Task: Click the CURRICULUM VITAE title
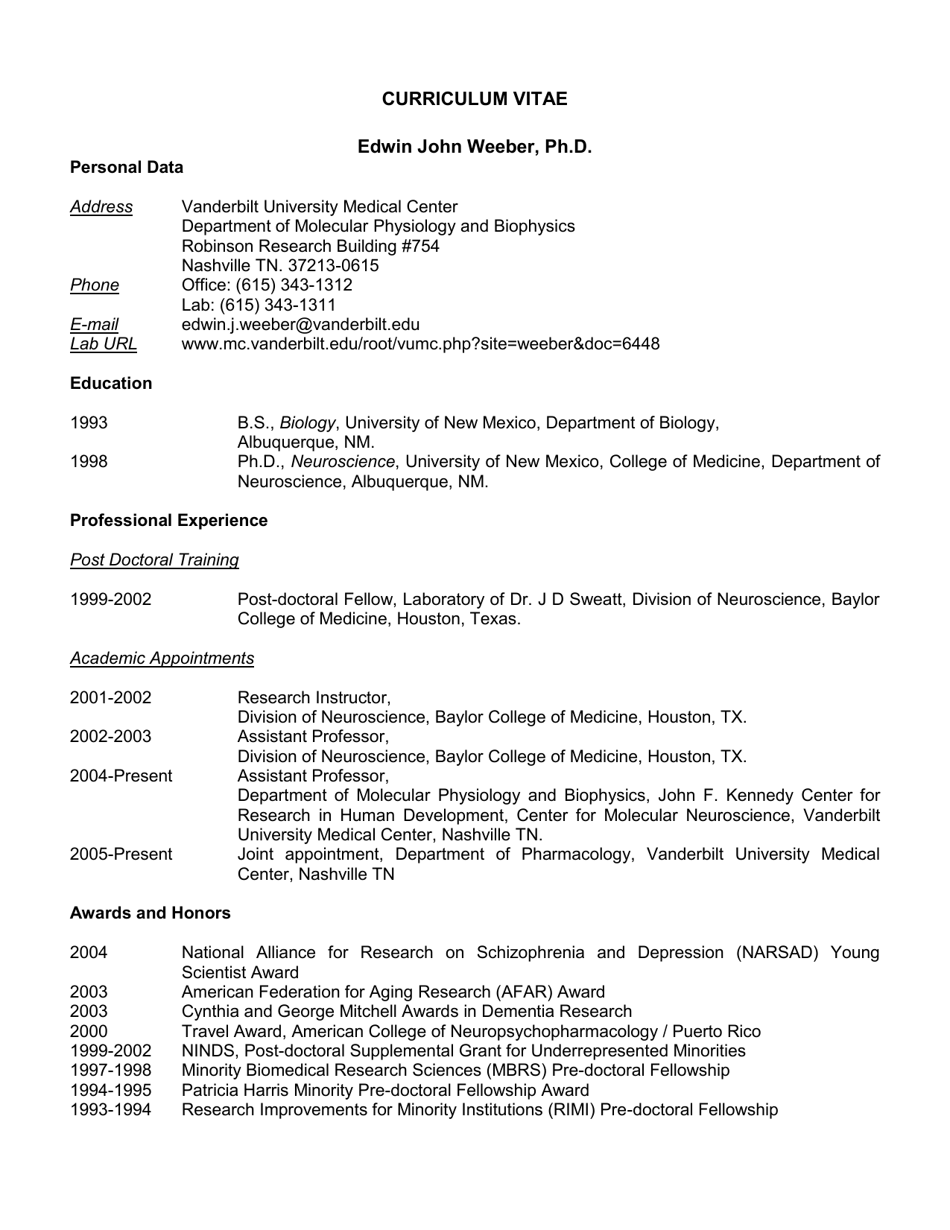(x=475, y=99)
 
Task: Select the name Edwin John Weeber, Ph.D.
(x=475, y=147)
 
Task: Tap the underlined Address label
(x=101, y=207)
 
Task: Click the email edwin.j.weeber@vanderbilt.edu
(x=300, y=325)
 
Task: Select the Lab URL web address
(x=420, y=344)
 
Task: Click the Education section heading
(x=111, y=384)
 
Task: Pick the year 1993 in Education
(x=89, y=423)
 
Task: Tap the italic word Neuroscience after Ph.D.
(x=343, y=462)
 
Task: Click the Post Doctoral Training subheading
(x=154, y=560)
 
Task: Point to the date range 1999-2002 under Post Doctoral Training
(x=110, y=600)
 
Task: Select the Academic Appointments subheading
(x=162, y=659)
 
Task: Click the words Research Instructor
(x=313, y=698)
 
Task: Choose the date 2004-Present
(x=121, y=776)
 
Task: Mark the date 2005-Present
(x=121, y=855)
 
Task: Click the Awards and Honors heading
(x=150, y=913)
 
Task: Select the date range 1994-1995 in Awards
(x=110, y=1091)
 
